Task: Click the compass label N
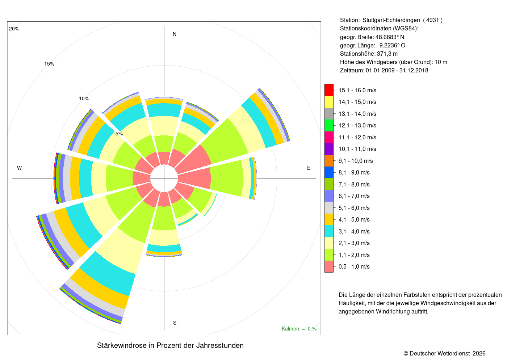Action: coord(175,34)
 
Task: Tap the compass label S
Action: coord(175,323)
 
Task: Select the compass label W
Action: coord(20,168)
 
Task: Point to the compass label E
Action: coord(309,168)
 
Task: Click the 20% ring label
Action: coord(14,29)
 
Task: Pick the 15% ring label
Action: coord(49,64)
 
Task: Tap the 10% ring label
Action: coord(84,98)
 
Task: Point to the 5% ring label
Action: coord(119,134)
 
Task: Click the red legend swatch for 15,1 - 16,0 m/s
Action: coord(329,90)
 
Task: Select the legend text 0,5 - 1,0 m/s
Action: coord(354,266)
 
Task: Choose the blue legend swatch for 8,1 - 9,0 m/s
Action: coord(329,172)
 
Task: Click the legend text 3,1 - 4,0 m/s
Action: coord(354,231)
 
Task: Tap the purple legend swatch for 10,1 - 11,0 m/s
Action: coord(329,149)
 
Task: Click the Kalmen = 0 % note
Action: coord(299,329)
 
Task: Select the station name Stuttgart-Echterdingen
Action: coord(391,20)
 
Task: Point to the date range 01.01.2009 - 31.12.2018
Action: coord(397,70)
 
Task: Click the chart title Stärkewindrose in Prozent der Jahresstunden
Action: coord(170,345)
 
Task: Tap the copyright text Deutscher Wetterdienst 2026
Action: coord(448,354)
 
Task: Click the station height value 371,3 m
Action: coord(387,54)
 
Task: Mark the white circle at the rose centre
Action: coord(164,178)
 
